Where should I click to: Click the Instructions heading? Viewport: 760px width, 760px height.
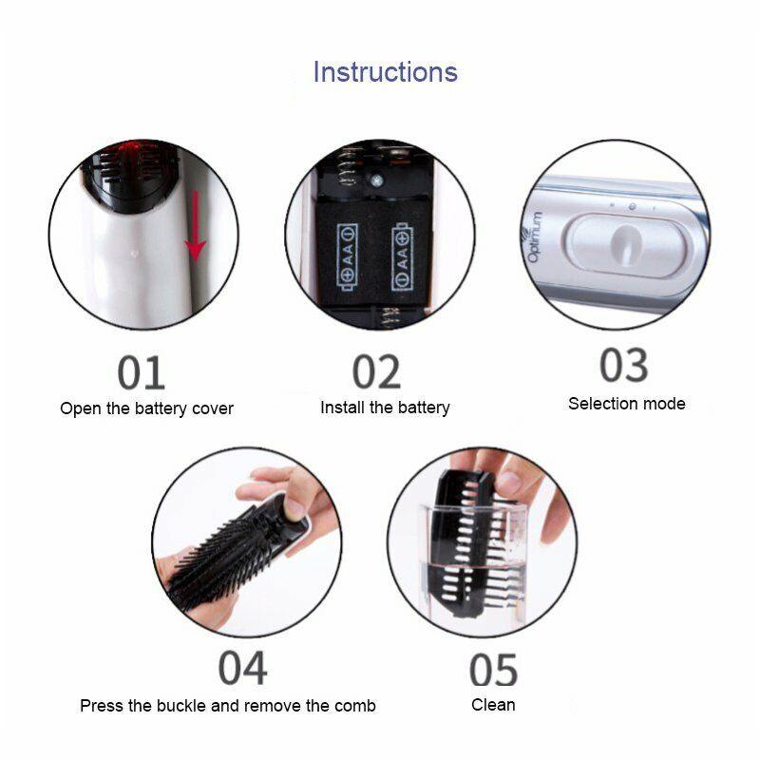pos(385,72)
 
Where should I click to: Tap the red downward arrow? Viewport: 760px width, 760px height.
pos(196,224)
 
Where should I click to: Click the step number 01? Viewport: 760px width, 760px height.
pos(141,372)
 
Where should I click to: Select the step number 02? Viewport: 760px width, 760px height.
pos(377,371)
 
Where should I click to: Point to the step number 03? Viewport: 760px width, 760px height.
pos(623,366)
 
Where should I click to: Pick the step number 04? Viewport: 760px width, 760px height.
pos(241,668)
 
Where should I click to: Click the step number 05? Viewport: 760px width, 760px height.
pos(493,670)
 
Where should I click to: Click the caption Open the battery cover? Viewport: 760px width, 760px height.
pos(146,408)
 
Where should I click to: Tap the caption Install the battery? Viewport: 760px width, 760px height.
pos(385,408)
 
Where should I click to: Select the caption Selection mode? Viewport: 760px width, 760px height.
pos(626,404)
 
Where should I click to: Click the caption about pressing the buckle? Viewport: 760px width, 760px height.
pos(227,706)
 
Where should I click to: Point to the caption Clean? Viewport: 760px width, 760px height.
pos(493,705)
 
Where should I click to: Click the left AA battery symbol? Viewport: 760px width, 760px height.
pos(347,256)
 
